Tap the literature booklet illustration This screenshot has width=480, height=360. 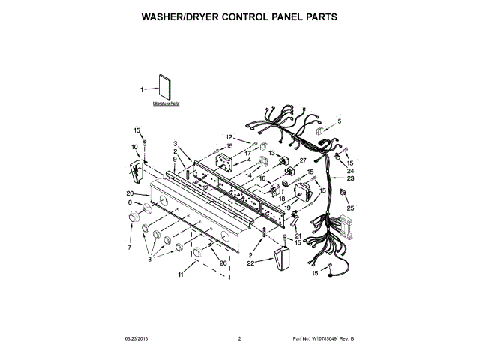click(x=166, y=88)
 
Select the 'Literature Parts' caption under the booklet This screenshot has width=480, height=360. click(x=166, y=105)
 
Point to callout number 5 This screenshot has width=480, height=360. click(x=338, y=121)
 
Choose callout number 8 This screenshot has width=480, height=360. click(x=150, y=259)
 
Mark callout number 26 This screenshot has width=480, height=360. click(x=223, y=262)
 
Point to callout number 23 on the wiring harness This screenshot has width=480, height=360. click(x=350, y=178)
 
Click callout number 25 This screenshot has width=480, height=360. click(x=350, y=208)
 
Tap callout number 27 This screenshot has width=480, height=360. click(x=304, y=160)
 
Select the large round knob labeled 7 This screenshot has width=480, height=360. click(x=134, y=217)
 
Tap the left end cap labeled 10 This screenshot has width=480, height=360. click(x=136, y=172)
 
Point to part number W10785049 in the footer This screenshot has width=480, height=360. click(x=324, y=339)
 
